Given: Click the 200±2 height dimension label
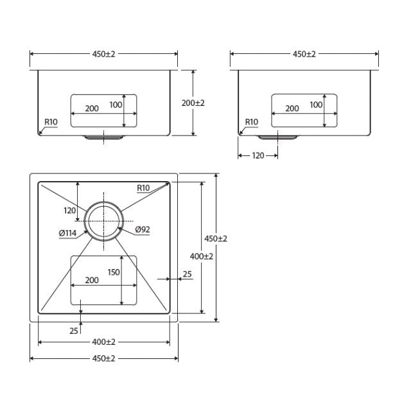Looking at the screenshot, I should pyautogui.click(x=193, y=103).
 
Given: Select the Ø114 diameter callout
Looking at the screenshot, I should pyautogui.click(x=67, y=233).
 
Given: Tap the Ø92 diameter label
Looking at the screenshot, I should pyautogui.click(x=143, y=229).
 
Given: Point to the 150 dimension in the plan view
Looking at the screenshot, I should pyautogui.click(x=113, y=272).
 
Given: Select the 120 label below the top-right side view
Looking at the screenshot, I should pyautogui.click(x=258, y=155).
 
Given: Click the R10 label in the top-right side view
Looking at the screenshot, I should pyautogui.click(x=251, y=121).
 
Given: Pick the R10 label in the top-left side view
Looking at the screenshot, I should pyautogui.click(x=51, y=121).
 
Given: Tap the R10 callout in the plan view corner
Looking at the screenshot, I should pyautogui.click(x=143, y=188).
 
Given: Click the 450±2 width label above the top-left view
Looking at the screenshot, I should pyautogui.click(x=103, y=54).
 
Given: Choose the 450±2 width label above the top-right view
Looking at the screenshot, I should pyautogui.click(x=304, y=54).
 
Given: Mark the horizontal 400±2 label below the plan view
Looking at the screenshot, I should pyautogui.click(x=103, y=342).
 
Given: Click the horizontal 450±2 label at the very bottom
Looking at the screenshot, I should pyautogui.click(x=103, y=358).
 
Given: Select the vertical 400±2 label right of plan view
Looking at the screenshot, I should pyautogui.click(x=202, y=256).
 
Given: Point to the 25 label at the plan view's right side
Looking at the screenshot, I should pyautogui.click(x=187, y=274).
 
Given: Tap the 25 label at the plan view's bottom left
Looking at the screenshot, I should pyautogui.click(x=74, y=331).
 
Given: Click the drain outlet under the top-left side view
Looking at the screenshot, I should pyautogui.click(x=103, y=137).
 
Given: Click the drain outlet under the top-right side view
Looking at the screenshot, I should pyautogui.click(x=277, y=137).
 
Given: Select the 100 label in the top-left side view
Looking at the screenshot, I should pyautogui.click(x=116, y=104).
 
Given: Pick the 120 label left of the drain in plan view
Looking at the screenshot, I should pyautogui.click(x=70, y=210).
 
